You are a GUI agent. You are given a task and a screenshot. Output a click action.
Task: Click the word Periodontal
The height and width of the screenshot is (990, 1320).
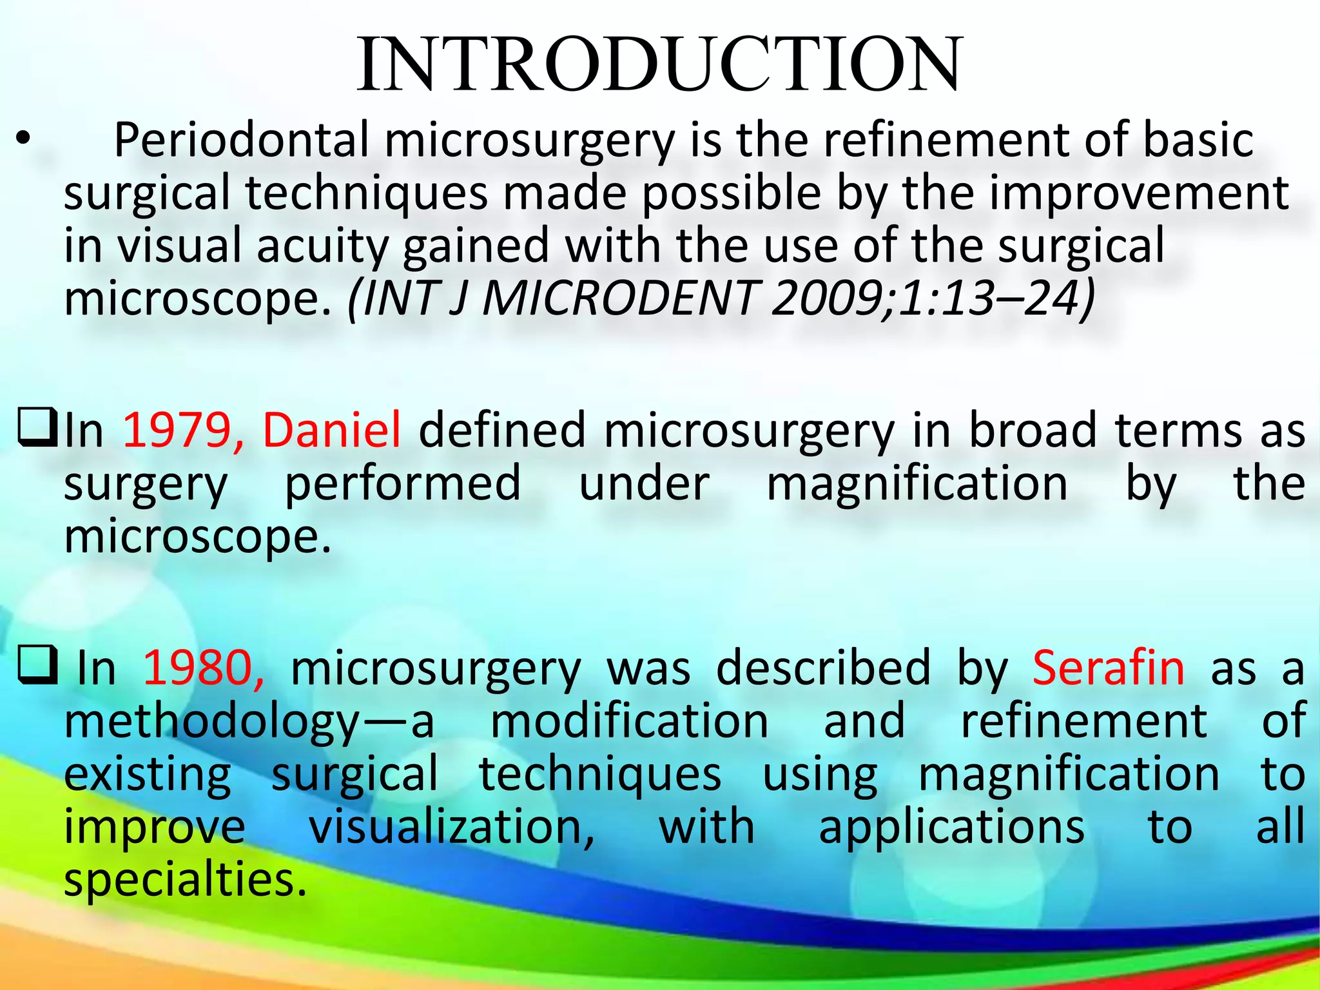[242, 141]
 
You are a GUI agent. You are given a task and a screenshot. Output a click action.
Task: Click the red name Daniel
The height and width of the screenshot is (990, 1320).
[332, 431]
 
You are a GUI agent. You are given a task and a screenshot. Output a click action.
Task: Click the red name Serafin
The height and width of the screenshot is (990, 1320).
[1108, 668]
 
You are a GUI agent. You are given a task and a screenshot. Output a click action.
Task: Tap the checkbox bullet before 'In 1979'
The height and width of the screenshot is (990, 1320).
[39, 428]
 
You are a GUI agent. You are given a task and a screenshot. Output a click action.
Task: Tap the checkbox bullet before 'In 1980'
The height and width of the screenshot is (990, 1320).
[39, 666]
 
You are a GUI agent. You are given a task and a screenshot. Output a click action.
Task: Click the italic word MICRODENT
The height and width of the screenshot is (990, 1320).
[619, 299]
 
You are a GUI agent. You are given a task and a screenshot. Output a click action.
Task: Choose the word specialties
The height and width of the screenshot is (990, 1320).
[185, 880]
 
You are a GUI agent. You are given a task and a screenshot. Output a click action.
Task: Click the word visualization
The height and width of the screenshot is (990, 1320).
[452, 828]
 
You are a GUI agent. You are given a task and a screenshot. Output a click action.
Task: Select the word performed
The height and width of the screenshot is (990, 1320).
[403, 483]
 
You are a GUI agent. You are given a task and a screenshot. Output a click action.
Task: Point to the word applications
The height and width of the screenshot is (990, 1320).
[951, 828]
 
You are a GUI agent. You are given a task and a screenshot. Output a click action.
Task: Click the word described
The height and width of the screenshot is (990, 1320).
[823, 668]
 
